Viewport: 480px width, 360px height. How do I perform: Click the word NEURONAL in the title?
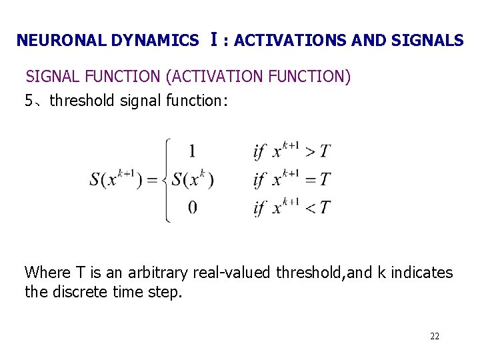(x=57, y=41)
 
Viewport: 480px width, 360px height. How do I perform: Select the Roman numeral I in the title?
(x=213, y=39)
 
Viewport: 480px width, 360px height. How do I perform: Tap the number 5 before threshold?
(x=29, y=101)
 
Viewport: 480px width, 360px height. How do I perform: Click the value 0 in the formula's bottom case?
(x=192, y=207)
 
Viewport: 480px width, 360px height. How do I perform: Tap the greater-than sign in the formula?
(x=310, y=152)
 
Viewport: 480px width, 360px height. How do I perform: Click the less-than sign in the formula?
(x=310, y=208)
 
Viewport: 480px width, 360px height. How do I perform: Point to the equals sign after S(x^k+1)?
(x=151, y=180)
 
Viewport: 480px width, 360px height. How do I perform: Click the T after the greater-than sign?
(x=325, y=152)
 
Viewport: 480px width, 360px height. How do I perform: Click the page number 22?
(x=435, y=336)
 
